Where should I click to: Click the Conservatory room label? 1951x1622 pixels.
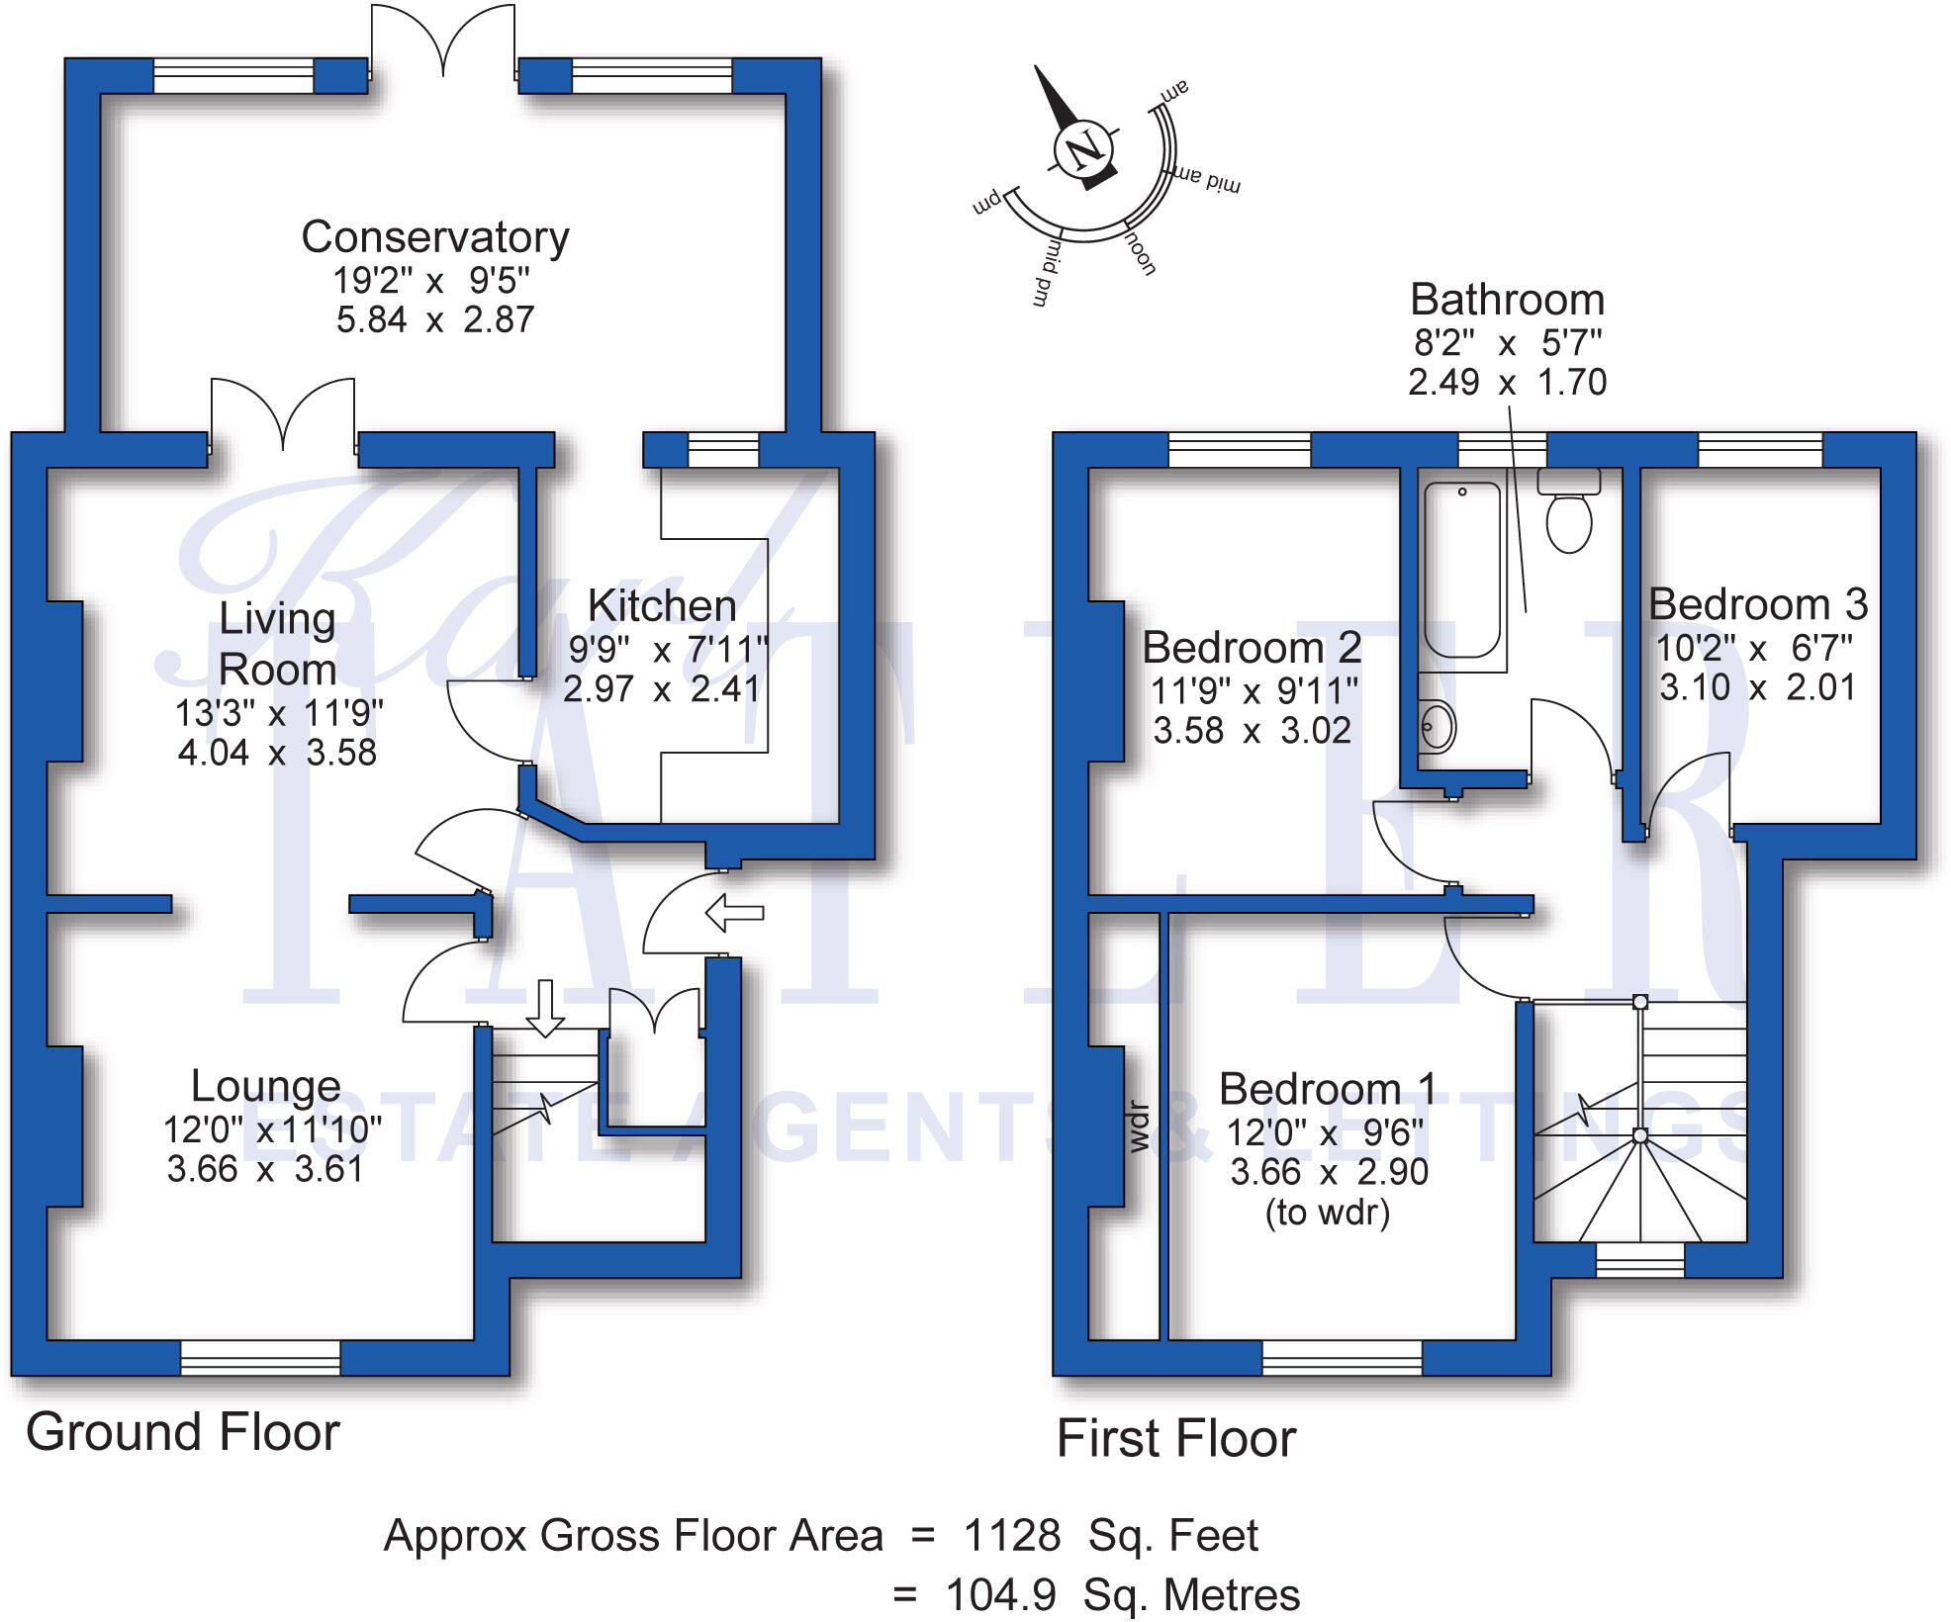(x=435, y=237)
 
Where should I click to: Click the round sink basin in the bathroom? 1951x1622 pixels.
(x=1438, y=727)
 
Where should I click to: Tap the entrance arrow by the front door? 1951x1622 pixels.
(x=734, y=912)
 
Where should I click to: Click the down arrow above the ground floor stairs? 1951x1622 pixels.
(x=544, y=1007)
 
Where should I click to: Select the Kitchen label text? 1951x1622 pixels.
(x=662, y=606)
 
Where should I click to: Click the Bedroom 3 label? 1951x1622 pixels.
(x=1758, y=604)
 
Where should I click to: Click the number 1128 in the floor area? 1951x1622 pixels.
(x=1012, y=1536)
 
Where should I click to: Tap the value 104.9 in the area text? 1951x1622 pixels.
(x=1000, y=1595)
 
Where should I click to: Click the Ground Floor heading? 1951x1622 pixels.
(x=183, y=1432)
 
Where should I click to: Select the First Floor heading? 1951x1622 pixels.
(x=1176, y=1439)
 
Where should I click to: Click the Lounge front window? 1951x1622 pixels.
(x=260, y=1357)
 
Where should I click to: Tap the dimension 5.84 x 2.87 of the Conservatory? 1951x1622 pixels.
(x=435, y=319)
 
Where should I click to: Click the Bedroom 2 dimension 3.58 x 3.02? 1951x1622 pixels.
(x=1252, y=730)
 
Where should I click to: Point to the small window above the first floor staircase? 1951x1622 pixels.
(x=1639, y=1259)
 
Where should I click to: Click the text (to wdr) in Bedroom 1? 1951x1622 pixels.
(x=1328, y=1212)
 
